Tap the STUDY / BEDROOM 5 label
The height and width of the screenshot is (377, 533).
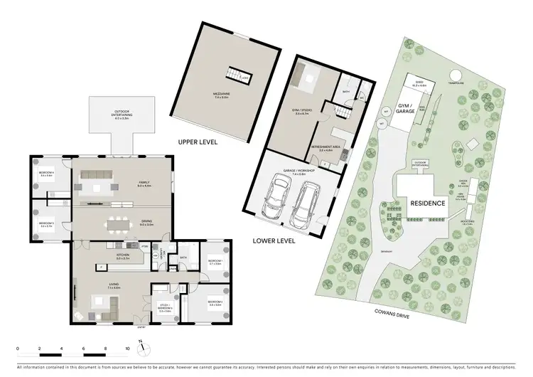(x=165, y=309)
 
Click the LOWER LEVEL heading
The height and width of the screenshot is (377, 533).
(x=274, y=241)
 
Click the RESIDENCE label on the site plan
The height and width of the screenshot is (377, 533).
(x=427, y=203)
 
